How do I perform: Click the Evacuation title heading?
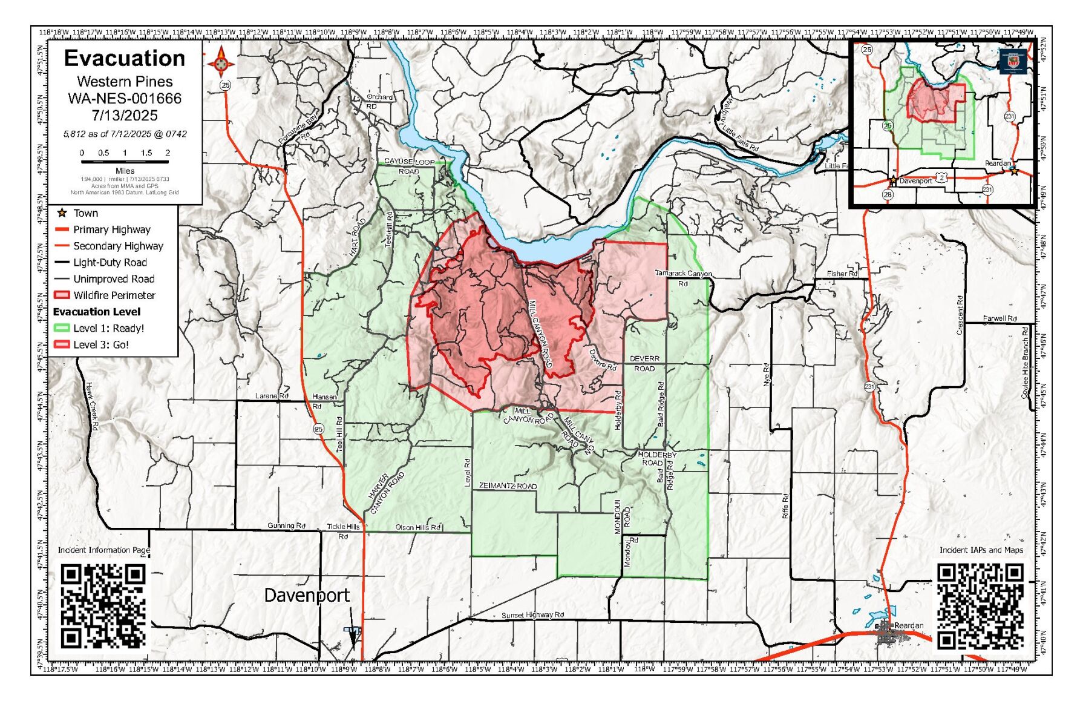125,59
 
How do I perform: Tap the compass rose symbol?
221,62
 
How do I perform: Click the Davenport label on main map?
307,596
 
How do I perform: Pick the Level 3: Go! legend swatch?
62,344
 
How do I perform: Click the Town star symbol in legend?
62,213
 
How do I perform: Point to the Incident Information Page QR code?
103,606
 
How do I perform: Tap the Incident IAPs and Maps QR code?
980,606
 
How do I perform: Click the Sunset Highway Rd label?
532,615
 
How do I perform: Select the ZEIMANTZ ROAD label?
508,486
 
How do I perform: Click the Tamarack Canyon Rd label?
683,278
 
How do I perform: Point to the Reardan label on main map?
909,625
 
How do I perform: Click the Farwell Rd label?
1000,318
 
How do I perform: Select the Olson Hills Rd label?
418,527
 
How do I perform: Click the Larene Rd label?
272,396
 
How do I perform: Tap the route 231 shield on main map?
869,387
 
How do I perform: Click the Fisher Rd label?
842,274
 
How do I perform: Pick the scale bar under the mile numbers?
125,162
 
